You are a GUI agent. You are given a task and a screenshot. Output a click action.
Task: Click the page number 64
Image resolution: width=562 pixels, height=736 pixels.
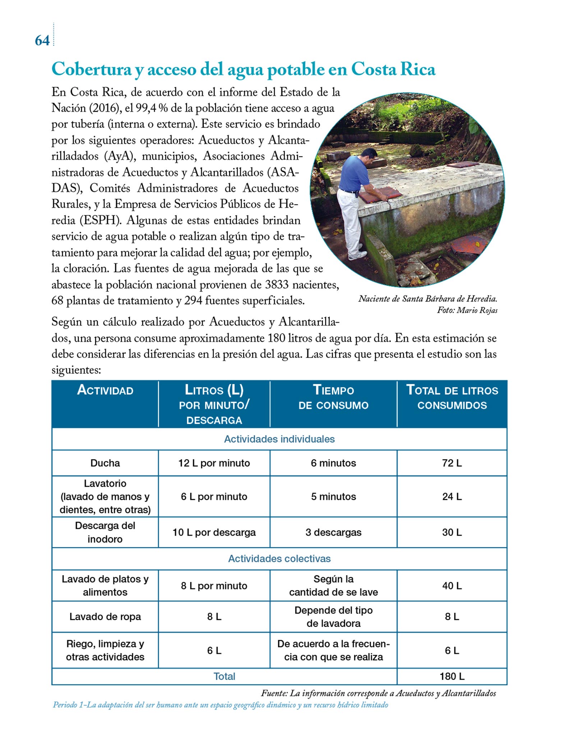[42, 40]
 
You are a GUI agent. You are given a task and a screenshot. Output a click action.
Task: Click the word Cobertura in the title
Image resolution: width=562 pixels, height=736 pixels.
[91, 69]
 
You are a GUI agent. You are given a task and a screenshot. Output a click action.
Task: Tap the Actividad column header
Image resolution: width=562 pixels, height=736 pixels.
[105, 390]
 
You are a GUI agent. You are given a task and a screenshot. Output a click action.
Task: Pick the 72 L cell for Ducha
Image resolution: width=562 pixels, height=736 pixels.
[452, 463]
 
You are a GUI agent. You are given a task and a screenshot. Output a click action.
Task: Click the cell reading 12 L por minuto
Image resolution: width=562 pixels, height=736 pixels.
[214, 463]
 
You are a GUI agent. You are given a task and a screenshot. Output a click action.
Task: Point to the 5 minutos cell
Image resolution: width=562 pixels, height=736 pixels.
[333, 496]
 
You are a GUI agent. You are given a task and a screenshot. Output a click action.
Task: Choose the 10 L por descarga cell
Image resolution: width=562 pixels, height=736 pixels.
[214, 532]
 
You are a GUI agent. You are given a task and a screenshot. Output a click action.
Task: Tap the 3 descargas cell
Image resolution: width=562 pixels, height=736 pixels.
[333, 532]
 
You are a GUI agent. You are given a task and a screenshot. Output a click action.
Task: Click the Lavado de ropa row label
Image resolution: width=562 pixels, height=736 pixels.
[105, 617]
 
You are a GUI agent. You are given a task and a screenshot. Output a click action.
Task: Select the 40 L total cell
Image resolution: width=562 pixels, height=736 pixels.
[452, 586]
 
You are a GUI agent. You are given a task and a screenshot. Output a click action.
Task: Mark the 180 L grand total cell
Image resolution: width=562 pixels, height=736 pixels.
[452, 676]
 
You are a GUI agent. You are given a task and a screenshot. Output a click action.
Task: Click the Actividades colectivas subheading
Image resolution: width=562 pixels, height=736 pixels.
[279, 558]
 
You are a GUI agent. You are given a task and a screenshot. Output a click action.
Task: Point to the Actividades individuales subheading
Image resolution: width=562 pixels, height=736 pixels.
[279, 439]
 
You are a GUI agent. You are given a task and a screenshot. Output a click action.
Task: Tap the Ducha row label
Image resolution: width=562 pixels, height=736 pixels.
[105, 463]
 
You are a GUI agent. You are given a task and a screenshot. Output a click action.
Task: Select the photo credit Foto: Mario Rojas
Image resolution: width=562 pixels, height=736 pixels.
[467, 310]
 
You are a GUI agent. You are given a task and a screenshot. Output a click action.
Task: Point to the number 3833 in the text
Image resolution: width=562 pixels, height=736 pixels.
[277, 285]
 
